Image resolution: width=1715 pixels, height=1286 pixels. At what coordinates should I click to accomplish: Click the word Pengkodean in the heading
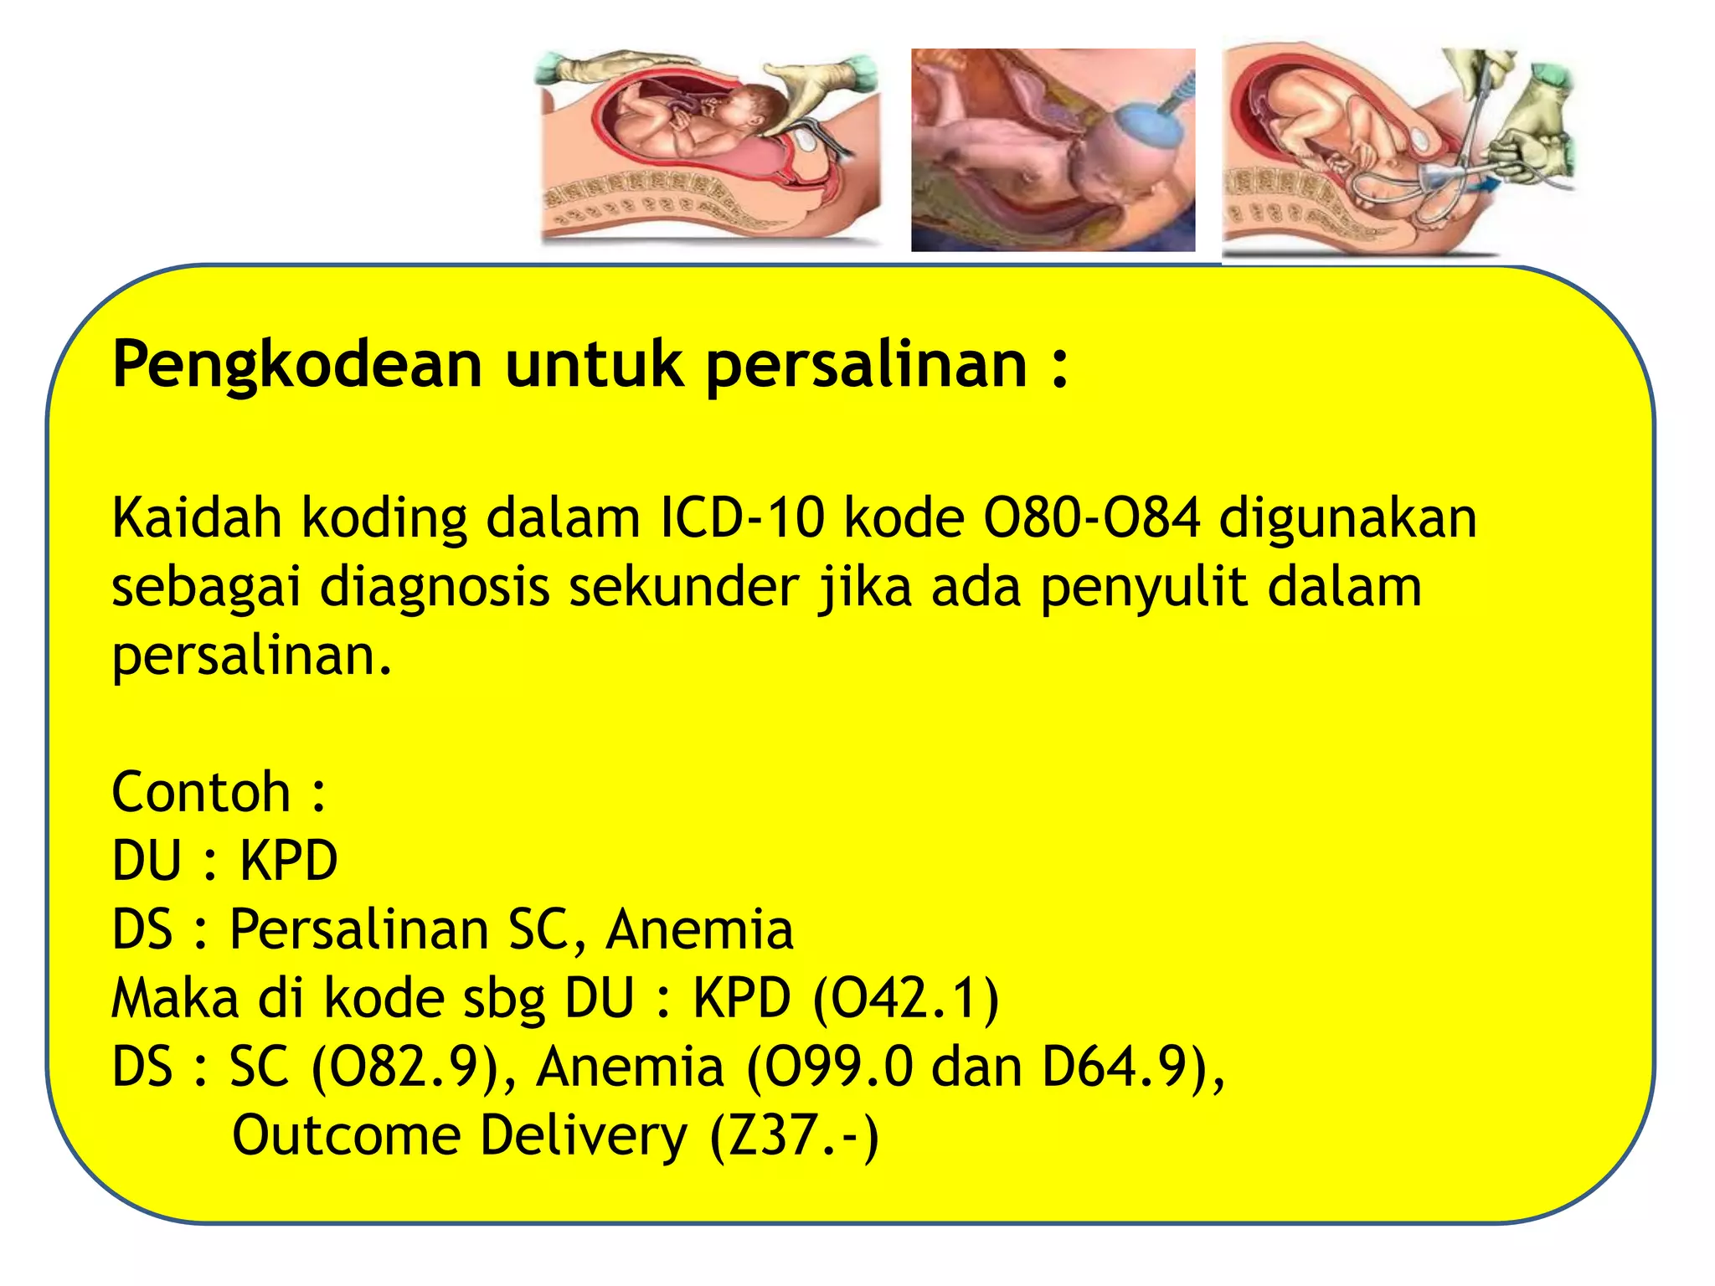coord(297,366)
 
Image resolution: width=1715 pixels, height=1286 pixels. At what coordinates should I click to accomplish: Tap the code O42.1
coord(906,999)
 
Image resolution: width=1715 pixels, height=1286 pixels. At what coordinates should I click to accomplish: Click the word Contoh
coord(201,792)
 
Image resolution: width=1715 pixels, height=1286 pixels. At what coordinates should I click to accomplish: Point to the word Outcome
coord(346,1136)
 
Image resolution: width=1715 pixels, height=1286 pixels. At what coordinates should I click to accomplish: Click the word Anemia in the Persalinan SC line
coord(699,930)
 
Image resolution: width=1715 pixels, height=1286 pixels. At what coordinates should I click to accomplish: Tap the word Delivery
coord(584,1136)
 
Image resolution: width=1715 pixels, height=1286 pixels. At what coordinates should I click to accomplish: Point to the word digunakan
coord(1347,518)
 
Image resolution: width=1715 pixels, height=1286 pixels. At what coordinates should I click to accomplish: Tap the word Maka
coord(175,999)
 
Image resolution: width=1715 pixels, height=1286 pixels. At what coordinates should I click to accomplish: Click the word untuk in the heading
coord(594,366)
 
